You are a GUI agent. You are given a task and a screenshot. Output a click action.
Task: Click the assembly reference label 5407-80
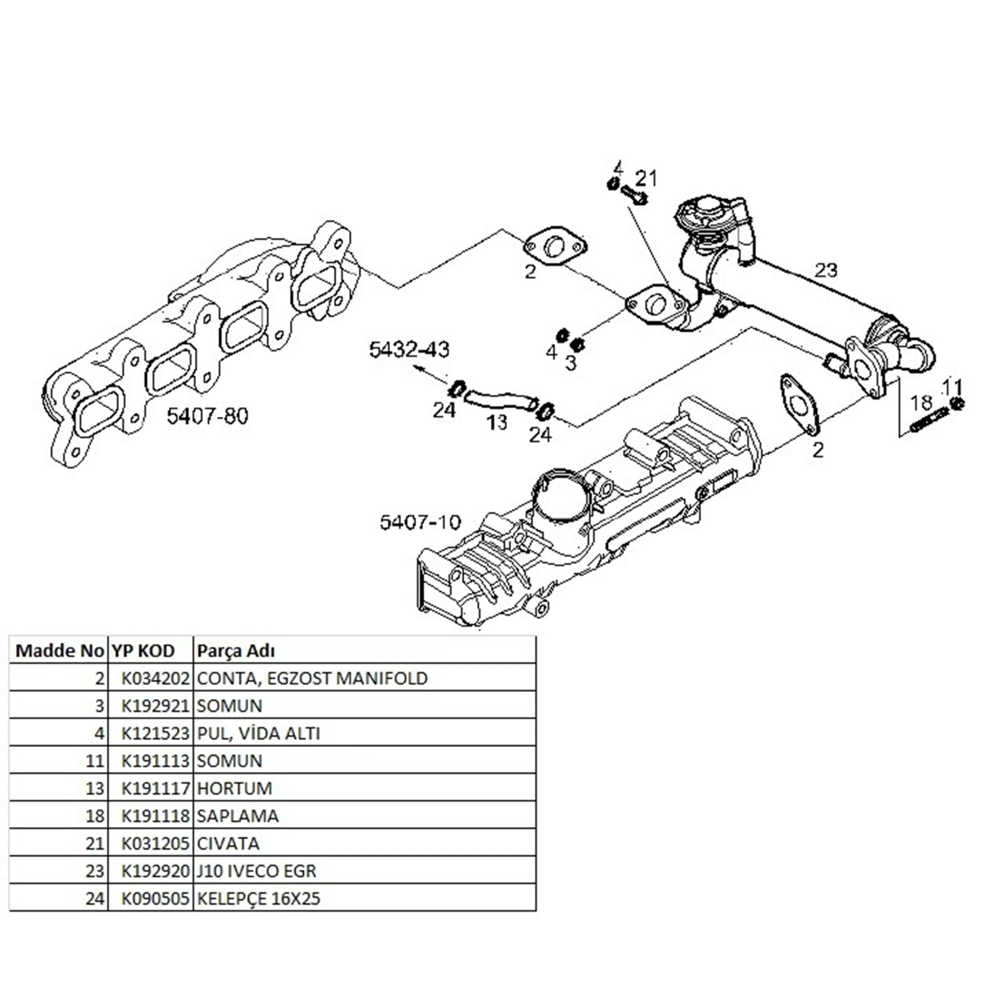click(207, 416)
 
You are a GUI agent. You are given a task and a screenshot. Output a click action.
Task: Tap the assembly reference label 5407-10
click(420, 521)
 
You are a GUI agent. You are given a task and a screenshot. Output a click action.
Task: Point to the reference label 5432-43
click(409, 349)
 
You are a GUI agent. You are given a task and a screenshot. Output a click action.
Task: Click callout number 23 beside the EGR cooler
click(826, 270)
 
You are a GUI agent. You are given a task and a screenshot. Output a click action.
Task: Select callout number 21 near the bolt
click(646, 178)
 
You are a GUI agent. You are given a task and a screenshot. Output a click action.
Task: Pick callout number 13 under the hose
click(497, 422)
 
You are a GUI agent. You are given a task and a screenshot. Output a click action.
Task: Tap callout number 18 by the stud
click(921, 402)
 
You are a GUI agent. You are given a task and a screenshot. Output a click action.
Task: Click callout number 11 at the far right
click(953, 386)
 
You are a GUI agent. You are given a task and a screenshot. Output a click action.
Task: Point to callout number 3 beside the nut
click(570, 363)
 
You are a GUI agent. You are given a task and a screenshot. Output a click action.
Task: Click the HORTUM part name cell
click(234, 788)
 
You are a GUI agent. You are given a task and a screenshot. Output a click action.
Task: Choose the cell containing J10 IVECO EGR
click(256, 871)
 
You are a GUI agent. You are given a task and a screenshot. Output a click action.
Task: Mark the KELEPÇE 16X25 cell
click(258, 898)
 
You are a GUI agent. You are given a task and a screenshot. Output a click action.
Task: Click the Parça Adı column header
click(234, 651)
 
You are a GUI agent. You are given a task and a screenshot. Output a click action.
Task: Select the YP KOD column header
click(143, 651)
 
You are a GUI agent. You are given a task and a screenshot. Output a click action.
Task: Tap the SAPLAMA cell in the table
click(238, 816)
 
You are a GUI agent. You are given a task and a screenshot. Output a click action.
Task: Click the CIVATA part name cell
click(228, 843)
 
